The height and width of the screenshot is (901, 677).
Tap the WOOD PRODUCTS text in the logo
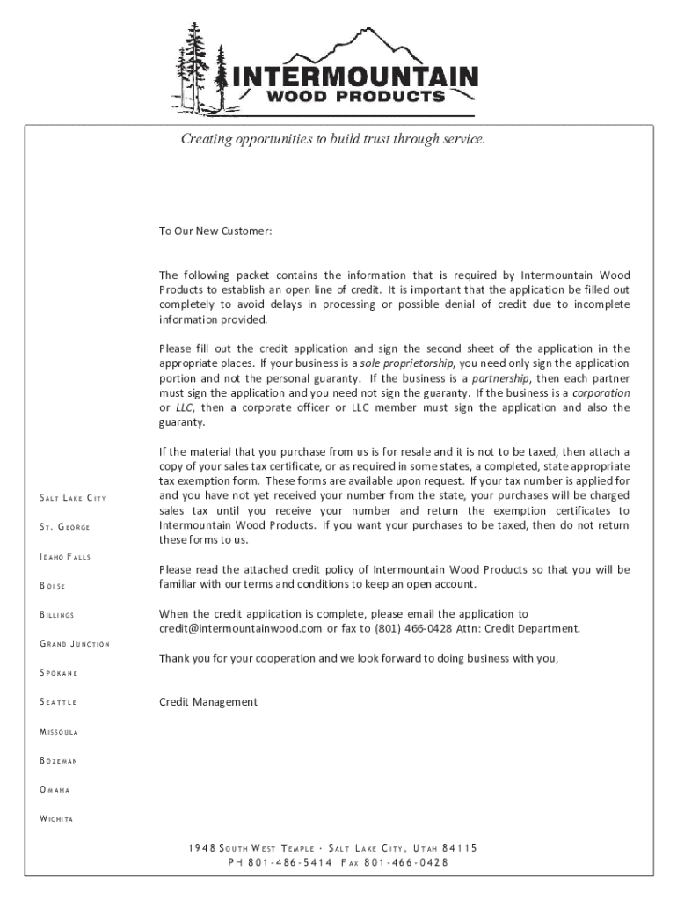coord(355,97)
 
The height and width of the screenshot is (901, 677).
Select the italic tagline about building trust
coord(332,139)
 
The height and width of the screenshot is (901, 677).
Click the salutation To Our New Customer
coord(215,231)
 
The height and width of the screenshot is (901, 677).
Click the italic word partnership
coord(498,377)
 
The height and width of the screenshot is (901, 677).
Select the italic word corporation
coord(601,392)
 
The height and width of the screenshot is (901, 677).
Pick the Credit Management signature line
coord(208,701)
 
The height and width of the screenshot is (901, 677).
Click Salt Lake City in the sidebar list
coord(73,499)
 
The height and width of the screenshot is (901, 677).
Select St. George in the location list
coord(65,528)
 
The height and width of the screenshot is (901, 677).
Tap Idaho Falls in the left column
coord(66,557)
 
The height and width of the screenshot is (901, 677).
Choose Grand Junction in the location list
coord(75,644)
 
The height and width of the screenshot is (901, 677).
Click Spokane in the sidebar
coord(59,673)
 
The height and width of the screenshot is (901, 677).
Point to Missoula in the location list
coord(59,731)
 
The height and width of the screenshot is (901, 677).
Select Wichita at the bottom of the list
coord(56,819)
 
